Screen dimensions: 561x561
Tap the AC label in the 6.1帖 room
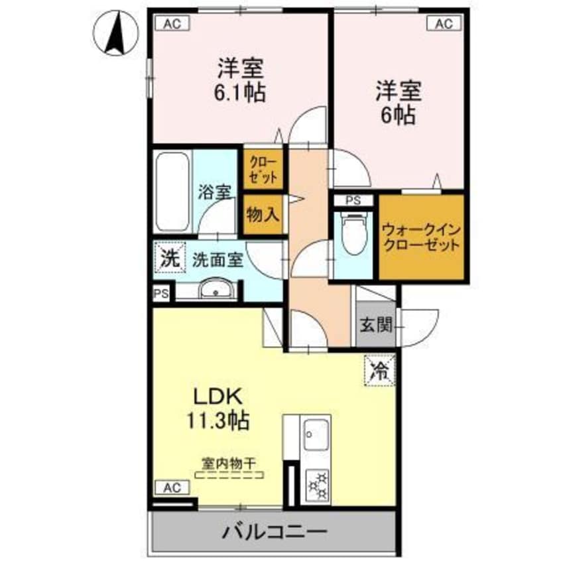click(172, 24)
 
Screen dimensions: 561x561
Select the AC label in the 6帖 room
click(443, 24)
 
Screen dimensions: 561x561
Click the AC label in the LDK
click(172, 488)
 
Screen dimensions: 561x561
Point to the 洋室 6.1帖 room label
click(241, 80)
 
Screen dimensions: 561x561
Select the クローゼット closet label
click(265, 168)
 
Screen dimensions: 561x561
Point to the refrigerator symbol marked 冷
click(380, 369)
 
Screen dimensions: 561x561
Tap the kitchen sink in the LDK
click(316, 437)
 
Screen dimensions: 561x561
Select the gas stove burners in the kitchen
click(317, 485)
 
